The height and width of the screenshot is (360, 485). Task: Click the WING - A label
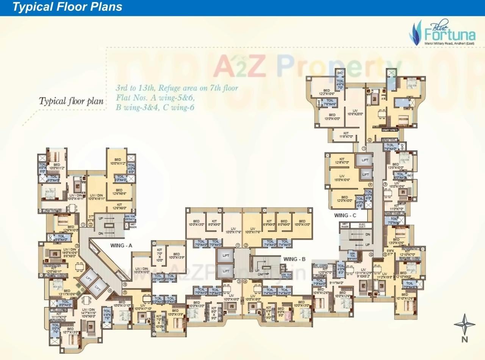click(x=121, y=245)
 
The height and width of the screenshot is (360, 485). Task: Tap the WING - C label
click(x=345, y=215)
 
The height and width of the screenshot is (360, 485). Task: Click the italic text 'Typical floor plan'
click(x=71, y=101)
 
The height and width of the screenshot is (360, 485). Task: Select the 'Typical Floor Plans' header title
click(x=67, y=7)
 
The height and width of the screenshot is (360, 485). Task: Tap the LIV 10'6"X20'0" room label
click(x=355, y=112)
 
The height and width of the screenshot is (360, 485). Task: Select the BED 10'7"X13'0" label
click(x=70, y=330)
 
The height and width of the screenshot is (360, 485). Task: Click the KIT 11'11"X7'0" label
click(x=58, y=315)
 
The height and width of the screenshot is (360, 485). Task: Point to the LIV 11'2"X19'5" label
click(x=385, y=276)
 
